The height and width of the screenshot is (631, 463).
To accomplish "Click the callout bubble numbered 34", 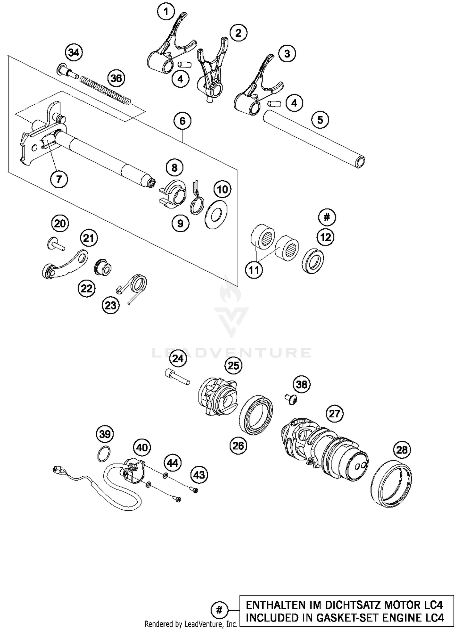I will [74, 53].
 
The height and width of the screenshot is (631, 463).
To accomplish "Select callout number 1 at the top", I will [166, 12].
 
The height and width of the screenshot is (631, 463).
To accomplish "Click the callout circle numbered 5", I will [320, 120].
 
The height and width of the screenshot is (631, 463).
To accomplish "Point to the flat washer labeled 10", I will [216, 214].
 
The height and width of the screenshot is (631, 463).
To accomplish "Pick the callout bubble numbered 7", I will [59, 179].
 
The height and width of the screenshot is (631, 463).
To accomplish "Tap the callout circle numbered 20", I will [60, 223].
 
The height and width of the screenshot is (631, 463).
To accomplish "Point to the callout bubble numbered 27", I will [334, 414].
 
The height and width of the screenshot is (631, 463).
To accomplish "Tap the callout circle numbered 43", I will [199, 474].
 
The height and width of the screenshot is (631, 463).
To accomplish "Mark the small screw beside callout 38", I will [290, 399].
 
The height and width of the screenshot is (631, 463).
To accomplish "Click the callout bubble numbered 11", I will [254, 270].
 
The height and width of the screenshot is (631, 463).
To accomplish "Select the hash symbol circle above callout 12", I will [327, 217].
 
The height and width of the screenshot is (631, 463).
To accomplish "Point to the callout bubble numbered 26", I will [238, 445].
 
